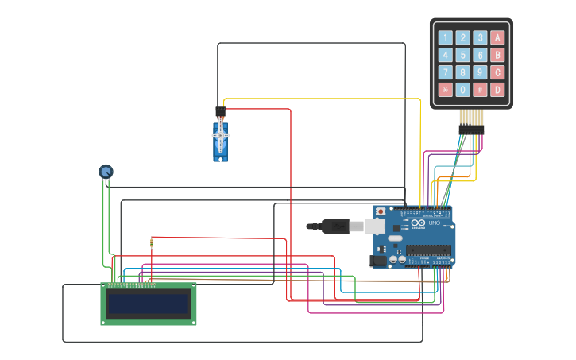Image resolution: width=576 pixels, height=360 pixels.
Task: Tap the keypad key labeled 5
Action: click(462, 55)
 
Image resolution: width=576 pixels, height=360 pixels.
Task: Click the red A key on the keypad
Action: click(497, 37)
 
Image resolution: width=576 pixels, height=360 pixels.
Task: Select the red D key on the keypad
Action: click(497, 90)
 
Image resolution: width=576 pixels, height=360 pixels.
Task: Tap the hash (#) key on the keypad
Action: click(480, 90)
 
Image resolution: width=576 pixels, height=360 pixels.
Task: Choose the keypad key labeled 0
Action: click(462, 90)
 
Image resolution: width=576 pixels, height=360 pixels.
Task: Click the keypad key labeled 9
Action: click(480, 72)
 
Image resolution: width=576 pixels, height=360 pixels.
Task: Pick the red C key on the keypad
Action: click(497, 72)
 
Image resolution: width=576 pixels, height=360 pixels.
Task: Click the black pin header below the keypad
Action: click(470, 129)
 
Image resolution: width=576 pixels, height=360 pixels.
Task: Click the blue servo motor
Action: click(221, 140)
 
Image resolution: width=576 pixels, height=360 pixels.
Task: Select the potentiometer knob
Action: click(106, 171)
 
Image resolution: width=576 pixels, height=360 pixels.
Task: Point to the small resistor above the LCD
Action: click(152, 242)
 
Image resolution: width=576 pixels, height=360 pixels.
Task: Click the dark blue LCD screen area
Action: click(149, 304)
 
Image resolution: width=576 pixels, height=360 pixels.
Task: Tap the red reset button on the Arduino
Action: click(381, 212)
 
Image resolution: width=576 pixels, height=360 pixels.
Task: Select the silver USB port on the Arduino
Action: click(374, 226)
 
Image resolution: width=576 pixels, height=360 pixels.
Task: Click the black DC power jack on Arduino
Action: click(379, 261)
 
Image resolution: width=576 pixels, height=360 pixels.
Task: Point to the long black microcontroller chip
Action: click(428, 250)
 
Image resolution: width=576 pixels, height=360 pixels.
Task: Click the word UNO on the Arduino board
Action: click(435, 223)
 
